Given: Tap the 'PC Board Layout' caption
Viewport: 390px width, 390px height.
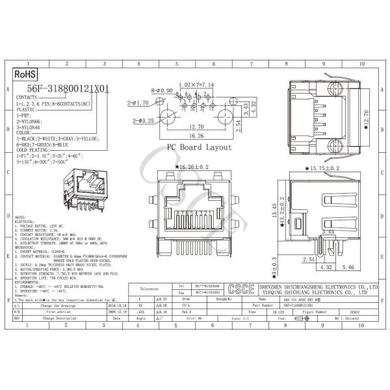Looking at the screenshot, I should click(199, 148).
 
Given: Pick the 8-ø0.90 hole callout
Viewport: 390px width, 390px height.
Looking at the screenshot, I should click(162, 91).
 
